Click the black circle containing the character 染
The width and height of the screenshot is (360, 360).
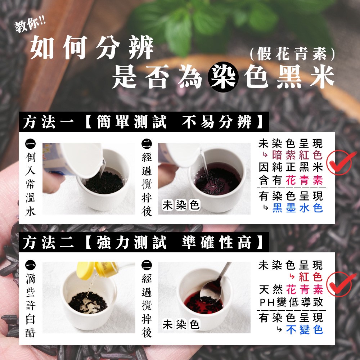tap(223, 77)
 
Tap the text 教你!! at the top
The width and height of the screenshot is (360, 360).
tap(30, 26)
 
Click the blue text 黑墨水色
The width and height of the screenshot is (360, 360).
tap(298, 208)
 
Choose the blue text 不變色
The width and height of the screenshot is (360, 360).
tap(305, 330)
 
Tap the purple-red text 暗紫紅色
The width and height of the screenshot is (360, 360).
tap(298, 155)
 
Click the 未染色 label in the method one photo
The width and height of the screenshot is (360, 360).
tap(181, 205)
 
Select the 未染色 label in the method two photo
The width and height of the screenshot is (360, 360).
tap(181, 324)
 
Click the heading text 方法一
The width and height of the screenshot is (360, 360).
tap(48, 122)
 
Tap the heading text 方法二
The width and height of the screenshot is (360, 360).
tap(48, 242)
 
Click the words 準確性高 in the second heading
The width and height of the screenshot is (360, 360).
tap(217, 242)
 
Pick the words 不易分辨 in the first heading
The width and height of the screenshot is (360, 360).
tap(217, 122)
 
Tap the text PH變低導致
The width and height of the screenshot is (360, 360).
tap(292, 302)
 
